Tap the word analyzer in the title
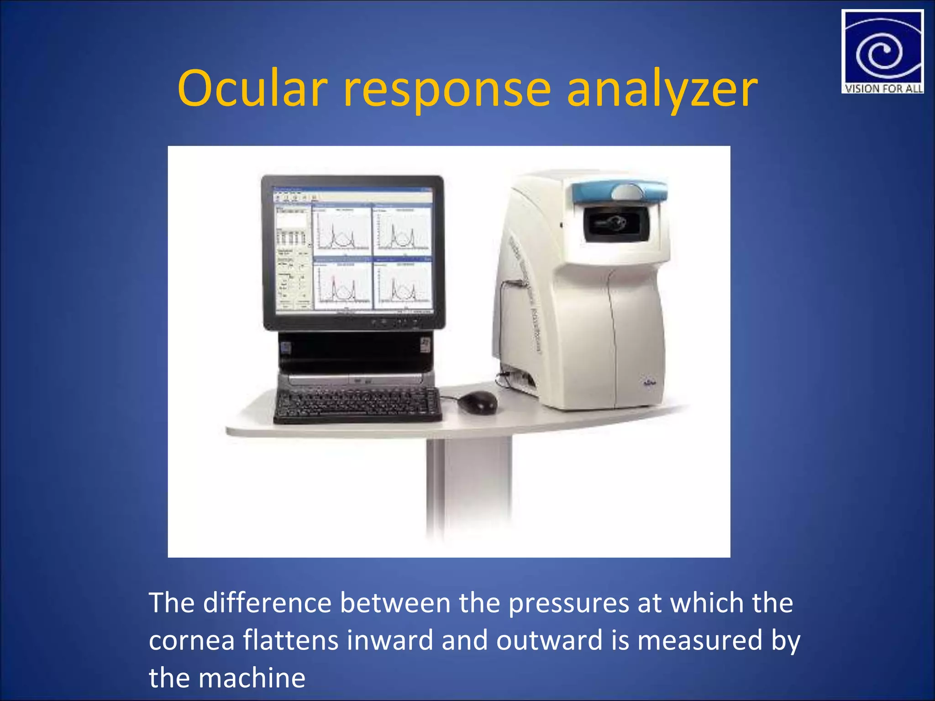click(x=662, y=89)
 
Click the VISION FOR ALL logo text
click(x=883, y=89)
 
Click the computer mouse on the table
click(x=478, y=402)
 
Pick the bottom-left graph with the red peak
click(x=342, y=285)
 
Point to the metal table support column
click(x=468, y=488)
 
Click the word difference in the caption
click(x=267, y=602)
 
